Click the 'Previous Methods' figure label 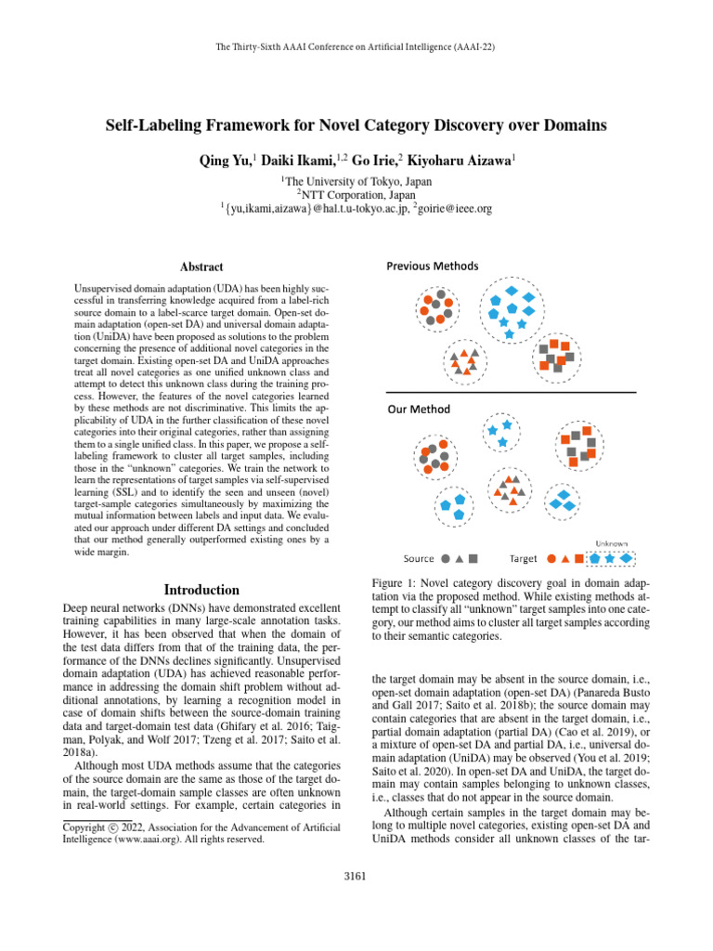(433, 267)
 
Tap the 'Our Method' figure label (419, 410)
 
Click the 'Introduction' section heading (201, 590)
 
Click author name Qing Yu (224, 161)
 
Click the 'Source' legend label (419, 559)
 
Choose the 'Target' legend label (524, 559)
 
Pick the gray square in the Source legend (473, 559)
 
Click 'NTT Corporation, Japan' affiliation (356, 195)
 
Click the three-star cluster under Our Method (499, 432)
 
